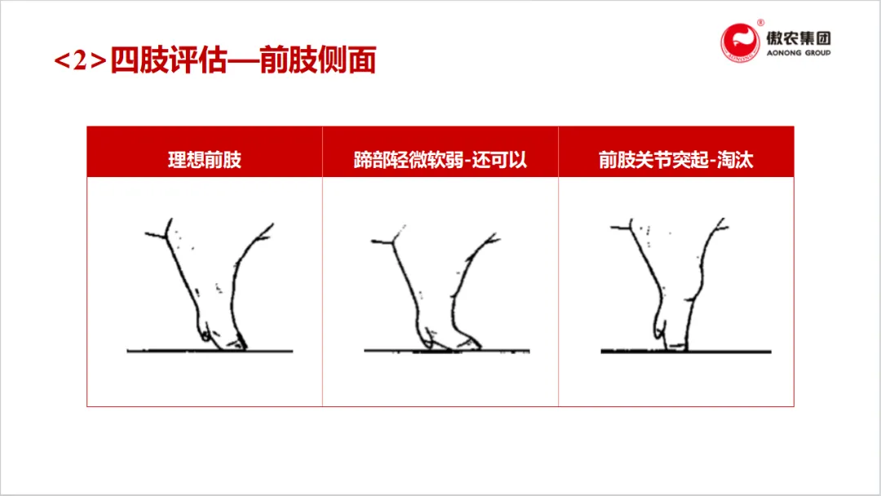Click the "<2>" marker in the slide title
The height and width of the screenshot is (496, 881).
tap(80, 60)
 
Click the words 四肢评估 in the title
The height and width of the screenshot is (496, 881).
tap(169, 60)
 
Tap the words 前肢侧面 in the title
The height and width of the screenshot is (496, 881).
tap(318, 60)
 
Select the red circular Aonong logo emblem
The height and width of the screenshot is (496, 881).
tap(740, 42)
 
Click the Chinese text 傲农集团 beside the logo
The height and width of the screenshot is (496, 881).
tap(799, 38)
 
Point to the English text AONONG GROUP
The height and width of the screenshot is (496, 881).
tap(799, 53)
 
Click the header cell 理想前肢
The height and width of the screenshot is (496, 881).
tap(205, 160)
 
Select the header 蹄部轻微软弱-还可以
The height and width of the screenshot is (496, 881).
tap(440, 160)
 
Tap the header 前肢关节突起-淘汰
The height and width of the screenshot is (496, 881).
tap(676, 160)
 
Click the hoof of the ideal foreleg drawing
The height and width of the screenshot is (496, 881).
tap(236, 343)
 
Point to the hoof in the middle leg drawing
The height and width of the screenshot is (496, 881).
tap(469, 343)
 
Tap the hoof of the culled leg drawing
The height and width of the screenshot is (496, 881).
tap(676, 344)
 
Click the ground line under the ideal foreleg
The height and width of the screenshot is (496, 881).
tap(210, 351)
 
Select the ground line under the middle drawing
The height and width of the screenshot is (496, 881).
tap(447, 351)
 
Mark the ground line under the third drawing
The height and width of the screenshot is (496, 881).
tap(686, 352)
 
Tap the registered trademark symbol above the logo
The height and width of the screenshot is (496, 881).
tap(761, 23)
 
